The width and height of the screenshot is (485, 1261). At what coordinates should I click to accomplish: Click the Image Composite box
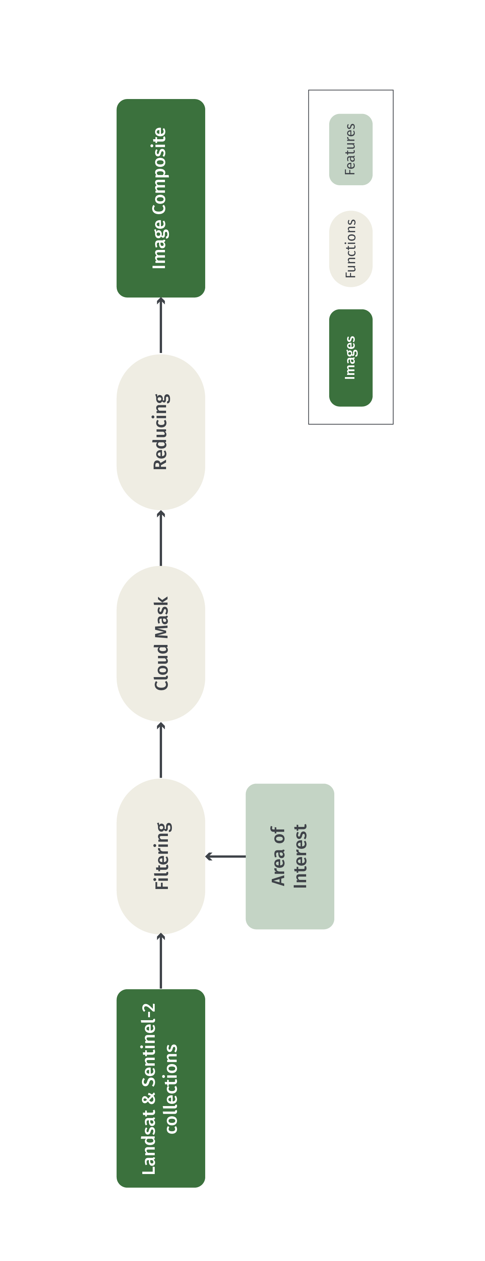[160, 198]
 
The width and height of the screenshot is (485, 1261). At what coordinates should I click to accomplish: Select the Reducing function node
[160, 432]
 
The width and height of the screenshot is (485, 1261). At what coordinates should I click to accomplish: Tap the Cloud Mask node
[160, 643]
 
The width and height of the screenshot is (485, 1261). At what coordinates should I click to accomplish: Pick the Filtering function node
[160, 856]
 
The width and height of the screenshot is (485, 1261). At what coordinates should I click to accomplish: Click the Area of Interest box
[290, 856]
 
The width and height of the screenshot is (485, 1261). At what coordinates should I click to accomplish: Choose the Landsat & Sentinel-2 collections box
[160, 1088]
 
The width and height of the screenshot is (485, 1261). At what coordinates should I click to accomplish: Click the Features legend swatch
[350, 149]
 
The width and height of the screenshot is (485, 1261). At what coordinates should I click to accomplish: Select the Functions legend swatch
[350, 249]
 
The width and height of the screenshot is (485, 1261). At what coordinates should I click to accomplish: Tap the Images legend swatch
[350, 357]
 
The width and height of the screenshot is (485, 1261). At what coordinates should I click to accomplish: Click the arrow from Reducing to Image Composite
[160, 326]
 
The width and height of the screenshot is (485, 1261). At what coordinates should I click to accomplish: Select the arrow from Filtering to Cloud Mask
[160, 750]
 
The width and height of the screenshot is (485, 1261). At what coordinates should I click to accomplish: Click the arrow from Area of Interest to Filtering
[225, 856]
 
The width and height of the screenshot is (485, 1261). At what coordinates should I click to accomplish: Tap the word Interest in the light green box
[300, 856]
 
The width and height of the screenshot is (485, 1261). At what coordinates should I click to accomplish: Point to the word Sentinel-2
[148, 1045]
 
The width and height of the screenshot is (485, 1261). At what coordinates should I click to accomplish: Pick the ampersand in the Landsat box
[148, 1098]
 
